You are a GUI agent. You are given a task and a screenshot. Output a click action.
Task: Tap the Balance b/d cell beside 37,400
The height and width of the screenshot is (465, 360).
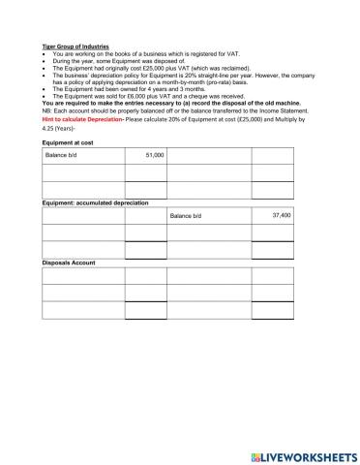tap(188, 215)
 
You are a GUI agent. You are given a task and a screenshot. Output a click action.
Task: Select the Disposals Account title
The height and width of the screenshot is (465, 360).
tap(69, 262)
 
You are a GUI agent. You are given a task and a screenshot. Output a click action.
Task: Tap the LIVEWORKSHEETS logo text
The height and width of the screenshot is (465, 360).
tap(310, 455)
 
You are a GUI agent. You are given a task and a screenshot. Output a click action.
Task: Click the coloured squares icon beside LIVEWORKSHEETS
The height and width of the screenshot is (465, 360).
tap(255, 455)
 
